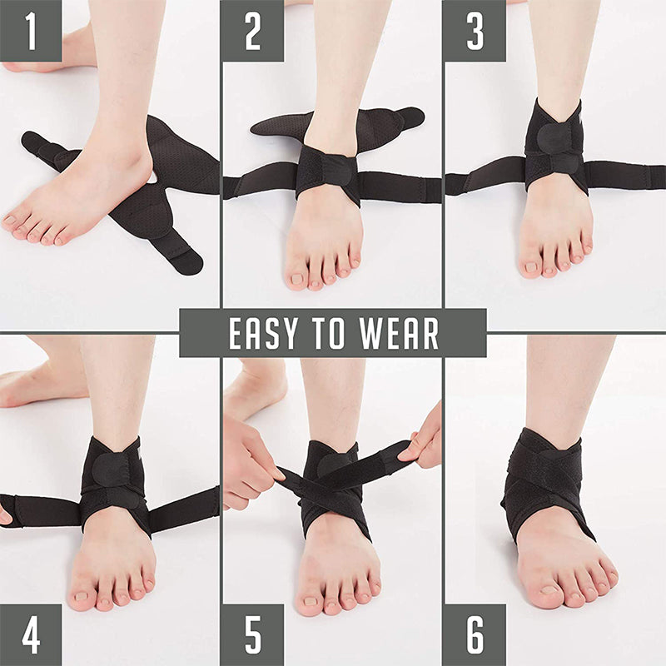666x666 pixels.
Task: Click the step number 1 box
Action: tap(31, 31)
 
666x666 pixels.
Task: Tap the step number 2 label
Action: tap(252, 31)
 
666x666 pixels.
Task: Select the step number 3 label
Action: tap(475, 31)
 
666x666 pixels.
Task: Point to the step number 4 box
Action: tap(31, 635)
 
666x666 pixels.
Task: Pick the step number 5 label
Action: tap(252, 635)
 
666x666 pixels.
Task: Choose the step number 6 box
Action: tap(475, 635)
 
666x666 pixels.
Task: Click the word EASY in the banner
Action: tap(263, 334)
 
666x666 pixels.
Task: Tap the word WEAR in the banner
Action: tap(399, 334)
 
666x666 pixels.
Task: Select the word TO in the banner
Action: tap(328, 334)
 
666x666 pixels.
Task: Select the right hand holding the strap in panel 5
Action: tap(423, 438)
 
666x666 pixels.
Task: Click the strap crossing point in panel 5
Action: tap(327, 485)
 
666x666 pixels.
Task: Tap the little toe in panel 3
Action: tap(588, 246)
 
